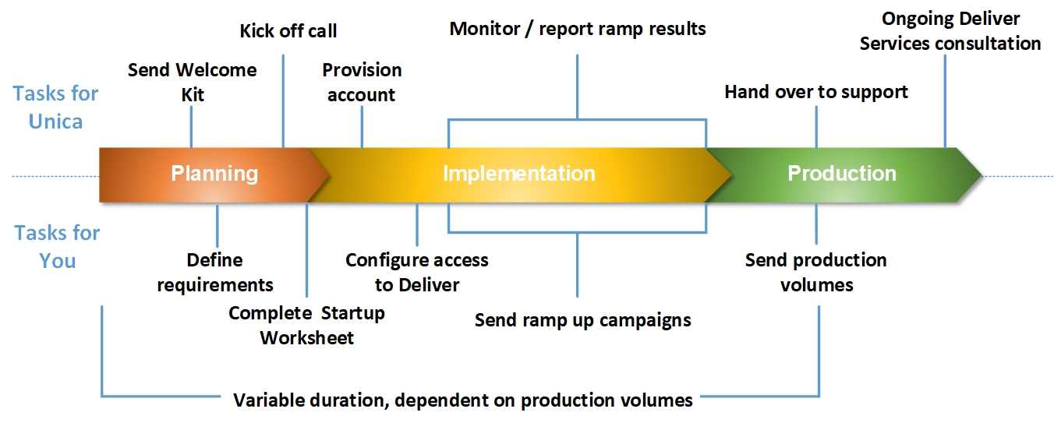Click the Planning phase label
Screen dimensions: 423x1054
point(214,173)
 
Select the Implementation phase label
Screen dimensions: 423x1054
point(518,173)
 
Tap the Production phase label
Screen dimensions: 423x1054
point(841,173)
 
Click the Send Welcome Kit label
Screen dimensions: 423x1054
point(192,82)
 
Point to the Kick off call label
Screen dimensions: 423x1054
point(288,31)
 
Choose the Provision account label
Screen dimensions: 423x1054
point(362,82)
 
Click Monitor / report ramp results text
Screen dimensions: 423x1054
point(578,30)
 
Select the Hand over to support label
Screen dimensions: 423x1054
point(816,92)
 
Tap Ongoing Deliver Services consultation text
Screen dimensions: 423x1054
point(950,31)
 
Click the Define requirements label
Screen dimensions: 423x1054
point(215,272)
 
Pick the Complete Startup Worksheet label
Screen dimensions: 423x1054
point(306,325)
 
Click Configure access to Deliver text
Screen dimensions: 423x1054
point(417,272)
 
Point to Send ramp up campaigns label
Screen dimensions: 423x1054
point(582,320)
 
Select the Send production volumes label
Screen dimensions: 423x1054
point(816,272)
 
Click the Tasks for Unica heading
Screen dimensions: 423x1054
point(55,107)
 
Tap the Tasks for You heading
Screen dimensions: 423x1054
point(57,246)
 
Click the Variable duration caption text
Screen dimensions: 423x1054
point(463,400)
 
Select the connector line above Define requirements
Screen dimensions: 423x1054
point(217,224)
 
